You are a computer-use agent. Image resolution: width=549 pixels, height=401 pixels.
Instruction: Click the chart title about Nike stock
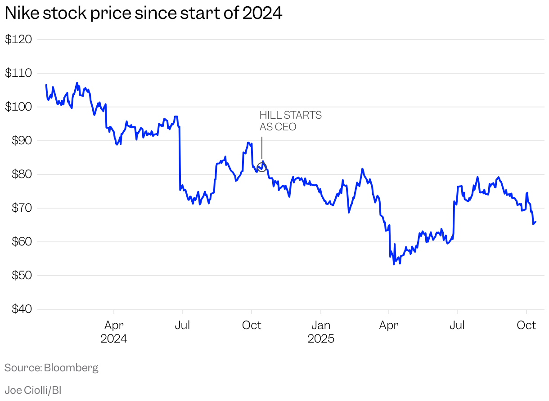coord(143,13)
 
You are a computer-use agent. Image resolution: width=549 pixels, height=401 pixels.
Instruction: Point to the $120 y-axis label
coord(18,40)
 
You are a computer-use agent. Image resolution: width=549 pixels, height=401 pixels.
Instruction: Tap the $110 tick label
coord(18,73)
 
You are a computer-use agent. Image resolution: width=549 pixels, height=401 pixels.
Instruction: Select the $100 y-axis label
coord(18,107)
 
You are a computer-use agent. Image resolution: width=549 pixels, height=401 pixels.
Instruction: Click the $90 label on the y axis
coord(18,141)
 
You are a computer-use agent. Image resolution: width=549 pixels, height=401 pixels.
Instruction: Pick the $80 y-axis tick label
coord(18,174)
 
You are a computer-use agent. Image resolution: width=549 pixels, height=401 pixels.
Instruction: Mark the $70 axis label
coord(18,208)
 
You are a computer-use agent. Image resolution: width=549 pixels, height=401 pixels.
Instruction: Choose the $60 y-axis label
coord(18,242)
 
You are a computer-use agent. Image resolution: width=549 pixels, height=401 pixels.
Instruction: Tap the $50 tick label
coord(18,276)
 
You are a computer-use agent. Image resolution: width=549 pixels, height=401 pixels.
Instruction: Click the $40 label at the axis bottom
coord(18,309)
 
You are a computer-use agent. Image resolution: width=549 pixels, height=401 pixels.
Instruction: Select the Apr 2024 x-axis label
coord(114,331)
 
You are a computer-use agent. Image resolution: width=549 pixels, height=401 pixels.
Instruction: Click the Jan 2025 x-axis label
coord(321,331)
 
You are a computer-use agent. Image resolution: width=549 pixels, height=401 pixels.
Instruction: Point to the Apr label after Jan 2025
coord(389,325)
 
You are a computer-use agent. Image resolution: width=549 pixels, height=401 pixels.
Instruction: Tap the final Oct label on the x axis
coord(526,325)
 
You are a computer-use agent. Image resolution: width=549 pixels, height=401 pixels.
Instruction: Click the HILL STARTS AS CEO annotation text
coord(290,121)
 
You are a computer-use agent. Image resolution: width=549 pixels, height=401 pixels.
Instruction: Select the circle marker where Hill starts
coord(262,167)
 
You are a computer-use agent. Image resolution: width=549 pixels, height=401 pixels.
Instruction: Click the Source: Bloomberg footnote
coord(51,368)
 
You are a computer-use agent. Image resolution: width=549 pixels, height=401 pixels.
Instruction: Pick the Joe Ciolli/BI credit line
coord(33,390)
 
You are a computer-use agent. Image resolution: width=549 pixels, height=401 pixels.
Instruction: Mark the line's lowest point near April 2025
coord(394,264)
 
